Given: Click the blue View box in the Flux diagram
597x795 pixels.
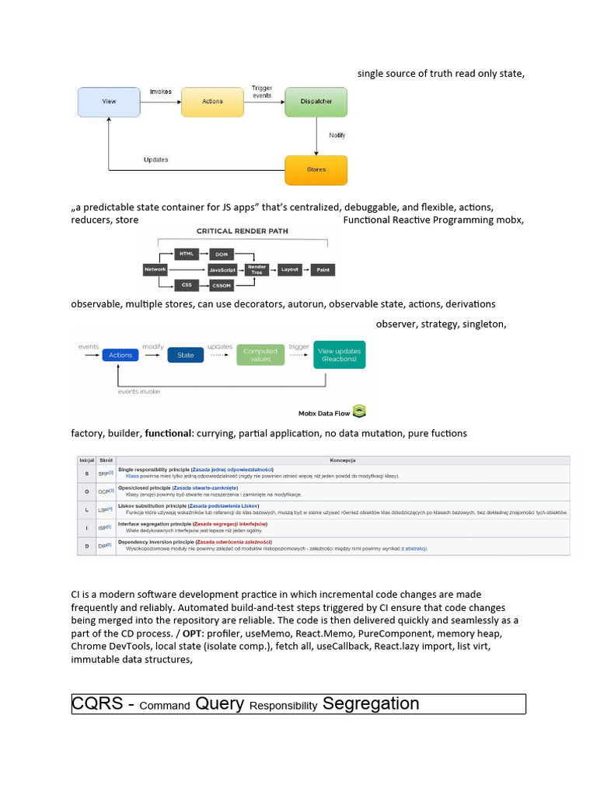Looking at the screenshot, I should pyautogui.click(x=108, y=102).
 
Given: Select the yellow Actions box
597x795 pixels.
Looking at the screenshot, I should pyautogui.click(x=212, y=102).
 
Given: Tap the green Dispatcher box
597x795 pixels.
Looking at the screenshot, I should pyautogui.click(x=316, y=102).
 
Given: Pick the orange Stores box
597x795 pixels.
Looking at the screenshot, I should pyautogui.click(x=316, y=169).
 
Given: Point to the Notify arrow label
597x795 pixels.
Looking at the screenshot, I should pyautogui.click(x=337, y=136).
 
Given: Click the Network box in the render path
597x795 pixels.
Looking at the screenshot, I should pyautogui.click(x=155, y=270).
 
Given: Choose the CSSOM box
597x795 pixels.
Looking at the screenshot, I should pyautogui.click(x=222, y=286).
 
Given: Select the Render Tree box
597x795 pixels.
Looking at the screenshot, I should pyautogui.click(x=257, y=270).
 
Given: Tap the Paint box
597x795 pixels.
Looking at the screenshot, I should pyautogui.click(x=323, y=270).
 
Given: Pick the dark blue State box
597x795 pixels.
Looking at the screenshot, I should pyautogui.click(x=186, y=355).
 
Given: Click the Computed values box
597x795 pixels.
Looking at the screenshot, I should pyautogui.click(x=260, y=355).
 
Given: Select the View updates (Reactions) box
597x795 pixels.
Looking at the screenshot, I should pyautogui.click(x=339, y=355).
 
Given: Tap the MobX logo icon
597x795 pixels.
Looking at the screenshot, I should pyautogui.click(x=359, y=411).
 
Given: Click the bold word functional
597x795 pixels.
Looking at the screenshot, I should pyautogui.click(x=168, y=433).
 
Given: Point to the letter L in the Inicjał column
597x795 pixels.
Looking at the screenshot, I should pyautogui.click(x=86, y=509).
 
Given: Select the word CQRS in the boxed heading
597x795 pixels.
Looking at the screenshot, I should pyautogui.click(x=97, y=704).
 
